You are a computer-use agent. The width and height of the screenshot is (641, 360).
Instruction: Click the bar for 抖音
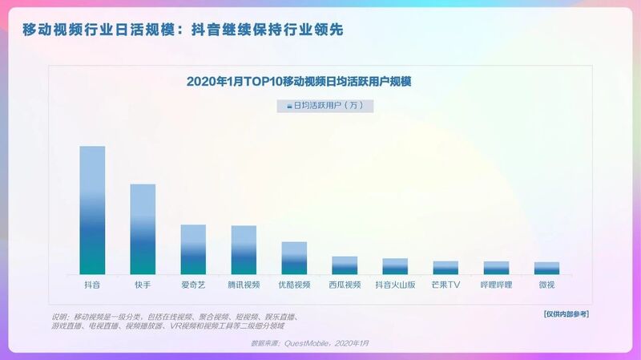click(x=92, y=210)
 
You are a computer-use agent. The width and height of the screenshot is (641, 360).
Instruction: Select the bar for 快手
click(x=143, y=229)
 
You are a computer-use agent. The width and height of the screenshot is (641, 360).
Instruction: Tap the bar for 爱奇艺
click(x=193, y=249)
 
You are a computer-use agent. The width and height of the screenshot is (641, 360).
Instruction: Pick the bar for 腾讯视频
click(x=244, y=250)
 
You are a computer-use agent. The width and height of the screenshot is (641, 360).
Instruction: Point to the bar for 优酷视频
click(x=294, y=258)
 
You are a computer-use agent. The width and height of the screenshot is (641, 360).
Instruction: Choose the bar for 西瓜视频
click(x=345, y=265)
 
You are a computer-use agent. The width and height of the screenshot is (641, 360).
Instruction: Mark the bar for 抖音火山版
click(x=395, y=266)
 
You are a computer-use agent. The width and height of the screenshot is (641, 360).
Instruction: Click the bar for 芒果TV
click(x=445, y=268)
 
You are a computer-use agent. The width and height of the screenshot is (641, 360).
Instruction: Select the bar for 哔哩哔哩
click(x=496, y=268)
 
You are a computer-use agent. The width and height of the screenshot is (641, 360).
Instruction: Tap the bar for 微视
click(x=546, y=269)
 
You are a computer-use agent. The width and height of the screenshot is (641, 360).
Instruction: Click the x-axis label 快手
click(x=143, y=285)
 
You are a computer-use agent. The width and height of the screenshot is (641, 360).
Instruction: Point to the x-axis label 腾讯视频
click(x=244, y=285)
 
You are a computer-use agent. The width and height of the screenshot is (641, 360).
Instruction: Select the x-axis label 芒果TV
click(x=445, y=285)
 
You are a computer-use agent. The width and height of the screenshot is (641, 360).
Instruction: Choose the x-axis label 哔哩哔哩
click(x=496, y=285)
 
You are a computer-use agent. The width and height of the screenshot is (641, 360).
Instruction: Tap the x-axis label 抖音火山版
click(x=395, y=285)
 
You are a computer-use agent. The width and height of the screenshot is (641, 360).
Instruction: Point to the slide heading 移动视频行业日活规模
click(x=183, y=30)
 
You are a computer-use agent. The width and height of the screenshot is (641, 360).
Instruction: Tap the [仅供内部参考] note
click(x=565, y=313)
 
